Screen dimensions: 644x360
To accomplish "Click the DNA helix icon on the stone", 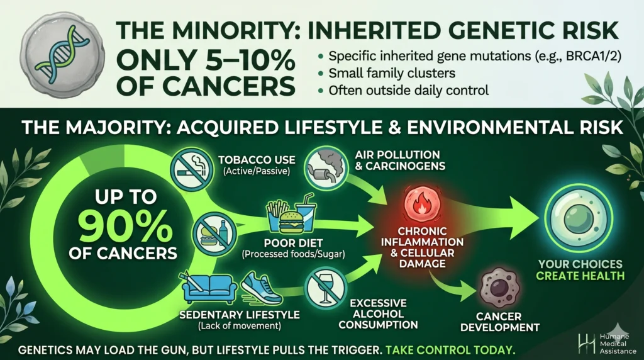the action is [62, 54].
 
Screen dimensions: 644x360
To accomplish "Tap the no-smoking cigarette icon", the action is [191, 169].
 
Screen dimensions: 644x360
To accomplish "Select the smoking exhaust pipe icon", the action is [326, 167].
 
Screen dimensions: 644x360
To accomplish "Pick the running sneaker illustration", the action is [261, 287].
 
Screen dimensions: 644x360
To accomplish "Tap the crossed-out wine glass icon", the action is [326, 288].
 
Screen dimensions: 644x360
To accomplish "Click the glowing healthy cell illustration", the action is [579, 218].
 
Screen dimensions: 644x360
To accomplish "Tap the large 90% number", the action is [125, 226].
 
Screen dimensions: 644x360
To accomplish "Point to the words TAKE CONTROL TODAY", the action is [450, 350].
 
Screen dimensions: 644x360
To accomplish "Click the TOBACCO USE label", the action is [257, 159].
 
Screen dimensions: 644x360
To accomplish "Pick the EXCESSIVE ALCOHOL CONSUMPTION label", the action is [378, 314].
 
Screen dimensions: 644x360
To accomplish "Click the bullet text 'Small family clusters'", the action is [392, 73].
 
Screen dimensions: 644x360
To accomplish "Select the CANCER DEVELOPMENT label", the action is [499, 322].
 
